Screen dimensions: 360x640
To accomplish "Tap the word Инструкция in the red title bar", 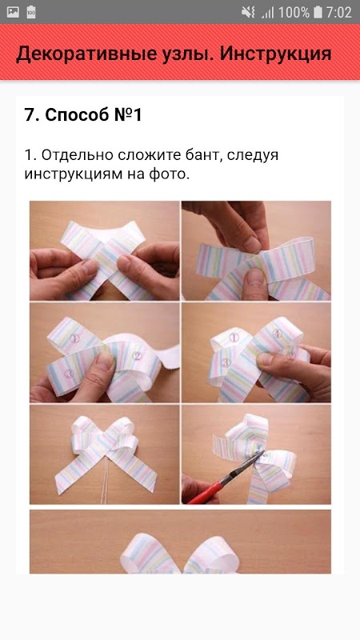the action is point(275,54).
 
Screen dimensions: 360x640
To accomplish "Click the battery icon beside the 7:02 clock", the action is point(318,12).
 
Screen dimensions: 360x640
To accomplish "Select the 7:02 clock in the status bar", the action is point(338,12).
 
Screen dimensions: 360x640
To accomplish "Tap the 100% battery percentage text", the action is point(294,12).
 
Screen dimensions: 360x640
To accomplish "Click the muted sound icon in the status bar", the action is point(248,12).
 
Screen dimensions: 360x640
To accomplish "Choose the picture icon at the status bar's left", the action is point(13,12).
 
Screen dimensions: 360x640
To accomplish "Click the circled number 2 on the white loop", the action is point(137,356).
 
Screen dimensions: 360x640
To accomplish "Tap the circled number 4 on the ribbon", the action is point(277,334).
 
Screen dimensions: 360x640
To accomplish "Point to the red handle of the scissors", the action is point(206,493).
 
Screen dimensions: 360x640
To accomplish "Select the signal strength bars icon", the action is point(268,13).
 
